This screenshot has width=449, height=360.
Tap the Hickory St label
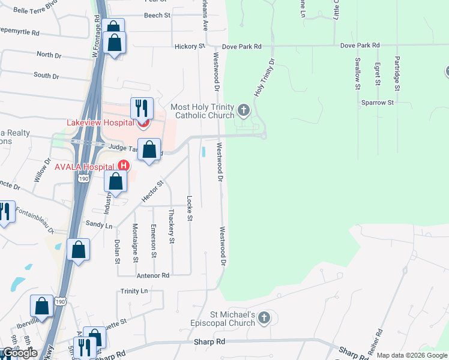[190, 46]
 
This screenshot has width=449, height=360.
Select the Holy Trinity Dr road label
[264, 77]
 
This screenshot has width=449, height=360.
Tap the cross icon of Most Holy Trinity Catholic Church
[243, 110]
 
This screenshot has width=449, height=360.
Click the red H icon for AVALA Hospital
[123, 166]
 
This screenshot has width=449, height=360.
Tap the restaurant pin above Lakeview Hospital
[142, 109]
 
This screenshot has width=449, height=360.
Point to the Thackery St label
[172, 226]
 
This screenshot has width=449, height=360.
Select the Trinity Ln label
[134, 291]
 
